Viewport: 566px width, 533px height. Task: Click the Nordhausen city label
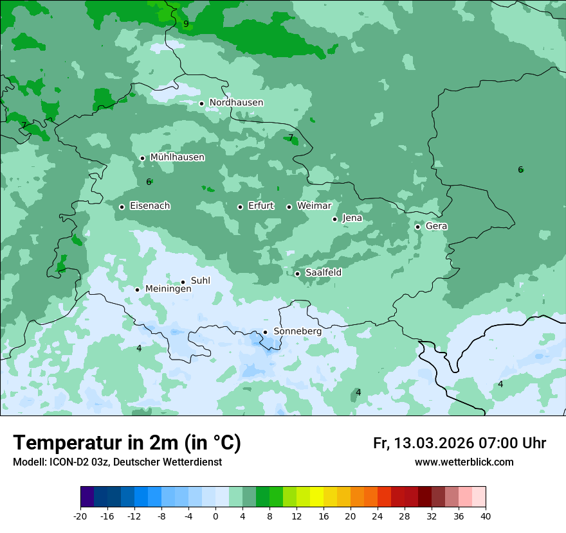(x=236, y=103)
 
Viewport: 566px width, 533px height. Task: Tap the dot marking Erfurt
(x=240, y=207)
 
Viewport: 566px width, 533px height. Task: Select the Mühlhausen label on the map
(x=177, y=157)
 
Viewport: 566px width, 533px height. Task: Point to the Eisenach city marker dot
(x=122, y=207)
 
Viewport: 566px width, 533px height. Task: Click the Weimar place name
(x=314, y=206)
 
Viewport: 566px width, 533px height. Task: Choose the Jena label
(x=352, y=218)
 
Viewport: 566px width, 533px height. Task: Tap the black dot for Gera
(x=417, y=227)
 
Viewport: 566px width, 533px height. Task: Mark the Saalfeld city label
(x=323, y=273)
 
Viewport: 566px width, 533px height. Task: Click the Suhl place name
(x=200, y=281)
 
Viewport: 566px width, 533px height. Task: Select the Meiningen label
(x=168, y=290)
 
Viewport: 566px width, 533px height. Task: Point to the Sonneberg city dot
(x=265, y=332)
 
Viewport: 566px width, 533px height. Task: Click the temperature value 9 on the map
(x=186, y=24)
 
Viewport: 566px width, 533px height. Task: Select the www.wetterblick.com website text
(x=464, y=462)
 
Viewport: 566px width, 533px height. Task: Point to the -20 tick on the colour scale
(x=80, y=516)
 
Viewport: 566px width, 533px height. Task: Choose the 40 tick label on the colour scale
(x=485, y=516)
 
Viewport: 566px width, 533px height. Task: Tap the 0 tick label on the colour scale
(x=215, y=516)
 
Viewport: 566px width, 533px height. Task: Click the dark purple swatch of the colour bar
(x=87, y=497)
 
